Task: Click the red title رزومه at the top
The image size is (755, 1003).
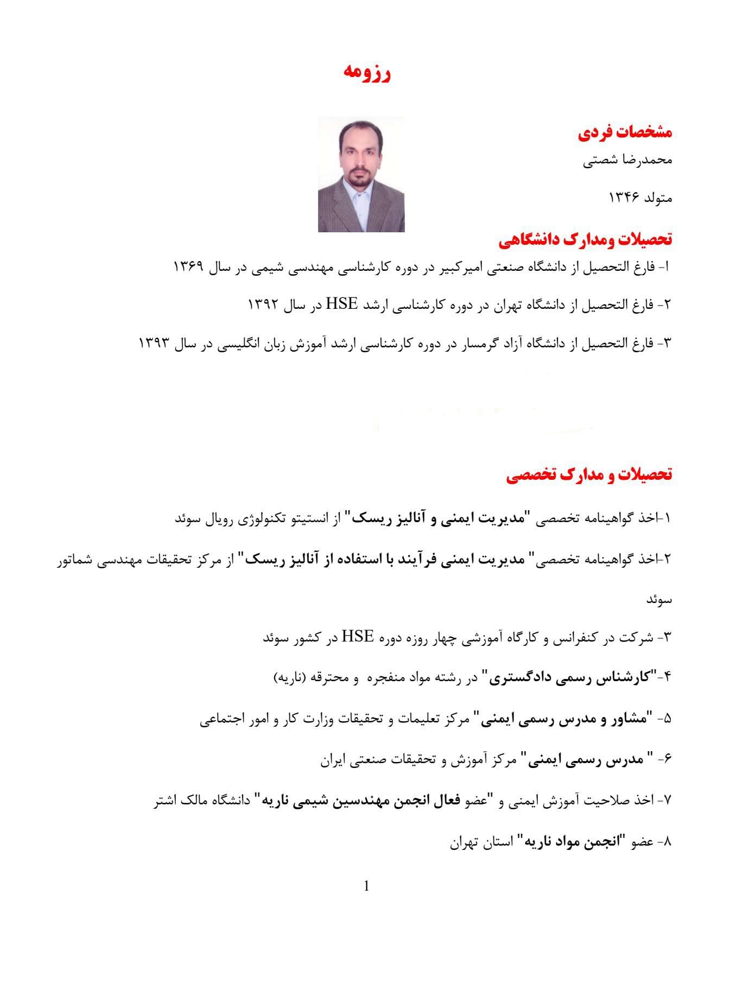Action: (x=367, y=74)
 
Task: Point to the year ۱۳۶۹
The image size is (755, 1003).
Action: (x=188, y=267)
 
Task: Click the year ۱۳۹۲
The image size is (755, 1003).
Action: (x=264, y=304)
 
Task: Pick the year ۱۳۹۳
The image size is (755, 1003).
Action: (x=155, y=342)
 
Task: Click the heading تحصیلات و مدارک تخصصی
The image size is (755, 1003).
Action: (x=589, y=475)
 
